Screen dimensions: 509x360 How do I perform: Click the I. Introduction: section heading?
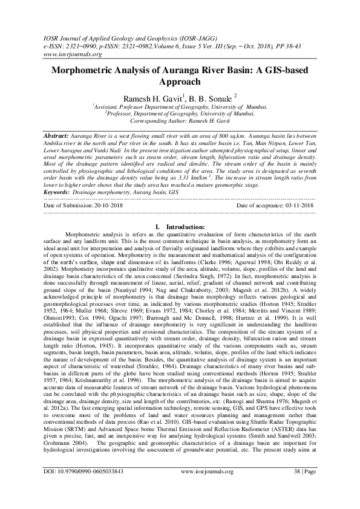pyautogui.click(x=180, y=226)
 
